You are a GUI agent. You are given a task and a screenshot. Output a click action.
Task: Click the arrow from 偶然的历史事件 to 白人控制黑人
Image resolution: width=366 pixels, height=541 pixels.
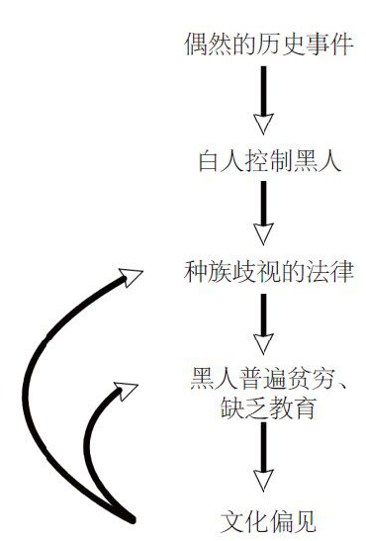[x=263, y=99]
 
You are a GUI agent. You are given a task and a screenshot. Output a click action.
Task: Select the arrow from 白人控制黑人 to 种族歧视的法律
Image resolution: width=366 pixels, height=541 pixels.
[x=263, y=213]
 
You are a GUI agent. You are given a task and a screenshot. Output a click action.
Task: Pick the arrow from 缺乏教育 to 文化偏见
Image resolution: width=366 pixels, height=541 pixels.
[x=263, y=460]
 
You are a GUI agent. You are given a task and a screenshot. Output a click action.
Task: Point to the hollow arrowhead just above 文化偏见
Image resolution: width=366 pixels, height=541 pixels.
[x=263, y=483]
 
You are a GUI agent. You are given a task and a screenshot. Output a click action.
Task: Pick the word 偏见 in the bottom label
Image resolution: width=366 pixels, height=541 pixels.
[x=291, y=517]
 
